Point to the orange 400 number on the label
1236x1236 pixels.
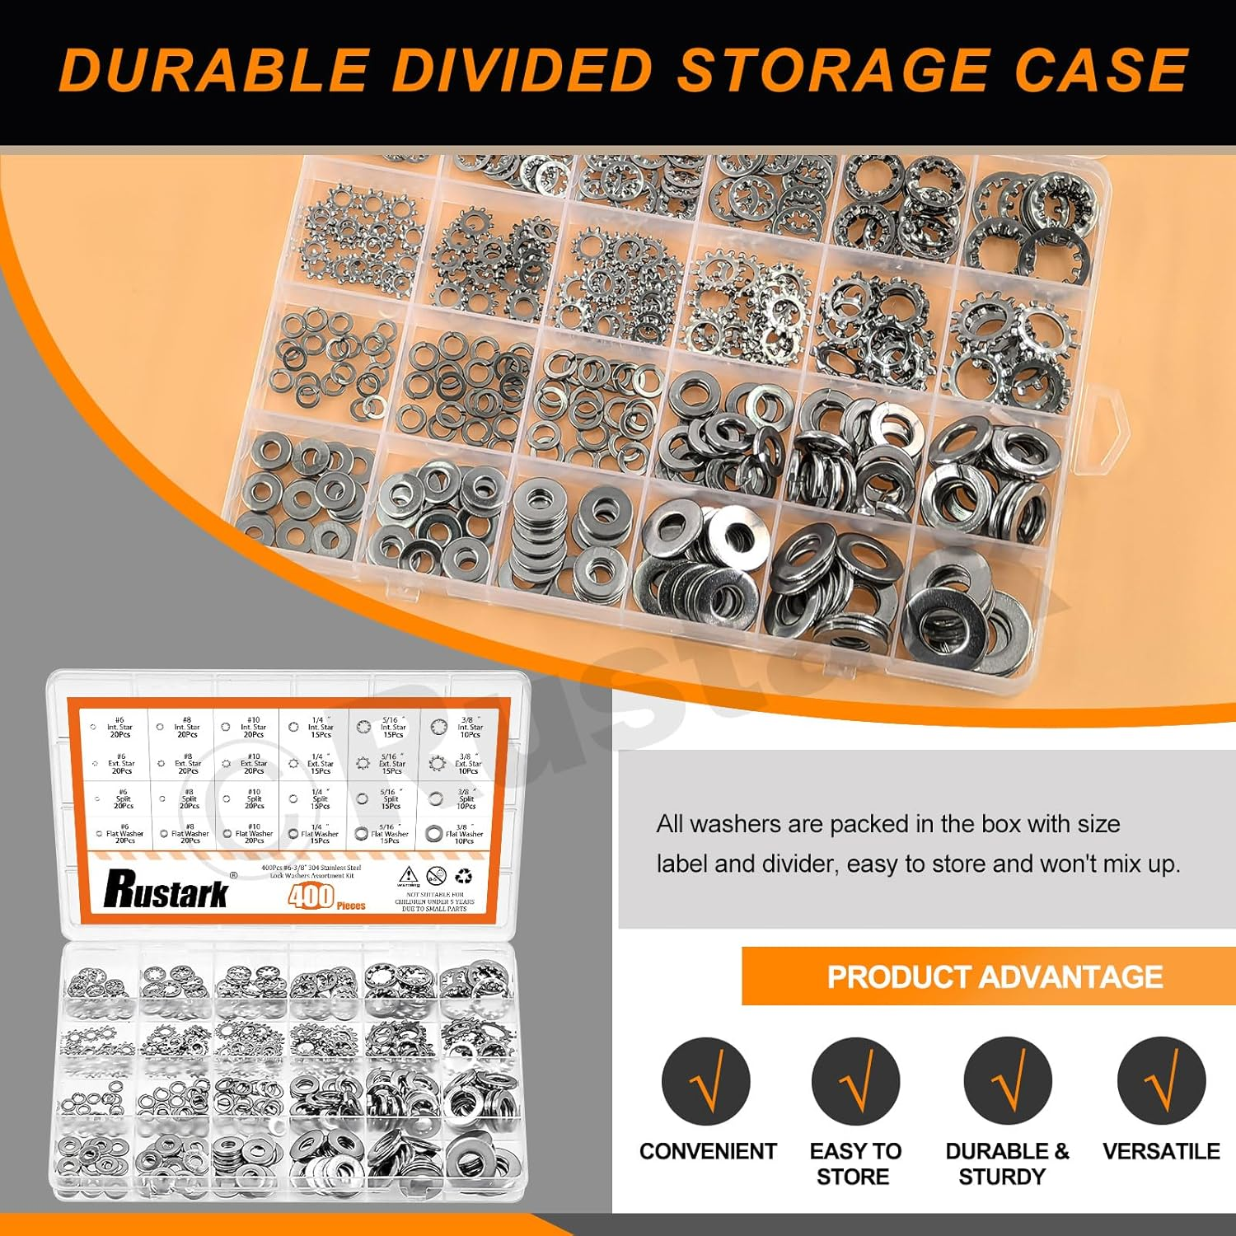pos(311,897)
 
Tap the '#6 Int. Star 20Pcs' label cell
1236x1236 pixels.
pos(119,728)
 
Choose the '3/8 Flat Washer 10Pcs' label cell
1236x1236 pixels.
pos(463,834)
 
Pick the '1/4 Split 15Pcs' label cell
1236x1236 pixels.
pos(319,798)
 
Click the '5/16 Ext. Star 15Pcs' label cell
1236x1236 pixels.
pos(391,764)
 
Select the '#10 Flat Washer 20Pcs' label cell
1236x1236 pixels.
pos(253,834)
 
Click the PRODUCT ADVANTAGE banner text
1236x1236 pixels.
pos(995,977)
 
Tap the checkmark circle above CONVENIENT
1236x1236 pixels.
pos(706,1081)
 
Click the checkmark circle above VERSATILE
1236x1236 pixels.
pos(1161,1081)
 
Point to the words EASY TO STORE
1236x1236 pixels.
pos(854,1163)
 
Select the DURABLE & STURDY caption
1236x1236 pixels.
pos(1006,1163)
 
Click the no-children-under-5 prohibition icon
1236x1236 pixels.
pos(437,876)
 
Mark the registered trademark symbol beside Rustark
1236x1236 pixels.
pos(233,875)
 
